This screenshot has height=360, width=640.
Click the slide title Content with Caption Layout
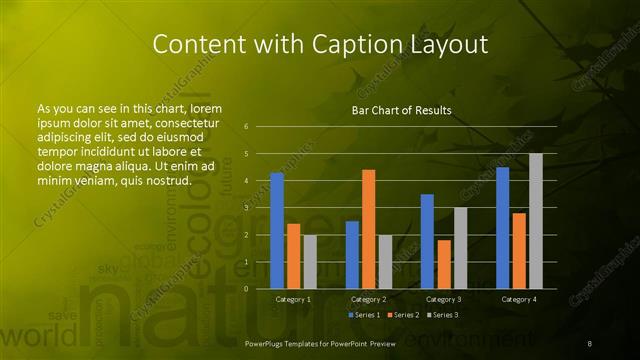coord(319,45)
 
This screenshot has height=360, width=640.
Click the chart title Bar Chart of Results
coord(400,110)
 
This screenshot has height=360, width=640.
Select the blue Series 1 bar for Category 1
coord(277,230)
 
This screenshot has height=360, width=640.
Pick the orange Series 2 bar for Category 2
coord(368,229)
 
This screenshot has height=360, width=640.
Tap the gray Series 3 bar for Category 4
coord(536,221)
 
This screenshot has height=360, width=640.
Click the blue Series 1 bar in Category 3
coord(427,241)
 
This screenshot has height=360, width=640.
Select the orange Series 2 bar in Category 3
coord(444,264)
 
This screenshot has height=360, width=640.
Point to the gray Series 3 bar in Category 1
coord(310,261)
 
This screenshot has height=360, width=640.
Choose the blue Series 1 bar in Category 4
coord(502,227)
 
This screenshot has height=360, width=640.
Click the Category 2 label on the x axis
coord(368,299)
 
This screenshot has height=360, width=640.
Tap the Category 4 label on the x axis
coord(519,299)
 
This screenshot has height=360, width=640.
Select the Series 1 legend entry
coord(363,315)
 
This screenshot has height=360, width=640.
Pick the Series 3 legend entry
coord(443,315)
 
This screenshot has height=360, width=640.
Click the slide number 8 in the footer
coord(590,343)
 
